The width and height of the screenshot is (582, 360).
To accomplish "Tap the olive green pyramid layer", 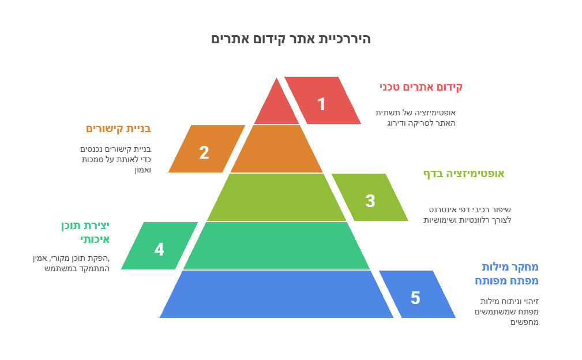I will [x=277, y=197].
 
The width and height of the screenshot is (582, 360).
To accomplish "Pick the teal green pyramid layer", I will [x=277, y=246].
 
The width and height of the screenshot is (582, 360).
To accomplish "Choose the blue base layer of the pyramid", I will [x=277, y=294].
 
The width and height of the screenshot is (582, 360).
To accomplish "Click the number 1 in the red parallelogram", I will [x=322, y=104].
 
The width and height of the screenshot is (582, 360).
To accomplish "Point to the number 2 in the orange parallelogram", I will [x=204, y=153].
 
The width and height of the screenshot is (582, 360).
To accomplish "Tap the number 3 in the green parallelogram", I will [x=370, y=201].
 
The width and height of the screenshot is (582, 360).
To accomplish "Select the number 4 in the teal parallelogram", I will [x=159, y=250].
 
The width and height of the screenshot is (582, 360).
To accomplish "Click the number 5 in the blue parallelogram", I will [x=415, y=298].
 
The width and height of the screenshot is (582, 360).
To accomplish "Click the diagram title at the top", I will [x=291, y=39].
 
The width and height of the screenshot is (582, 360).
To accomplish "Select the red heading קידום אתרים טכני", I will [x=420, y=87].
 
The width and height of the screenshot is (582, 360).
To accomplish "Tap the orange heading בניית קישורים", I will [x=118, y=129].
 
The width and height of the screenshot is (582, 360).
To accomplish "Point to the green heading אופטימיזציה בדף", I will [x=464, y=174].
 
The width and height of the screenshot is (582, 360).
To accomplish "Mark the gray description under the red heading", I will [x=415, y=118].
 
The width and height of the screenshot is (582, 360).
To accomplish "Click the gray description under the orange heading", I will [x=116, y=159].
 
